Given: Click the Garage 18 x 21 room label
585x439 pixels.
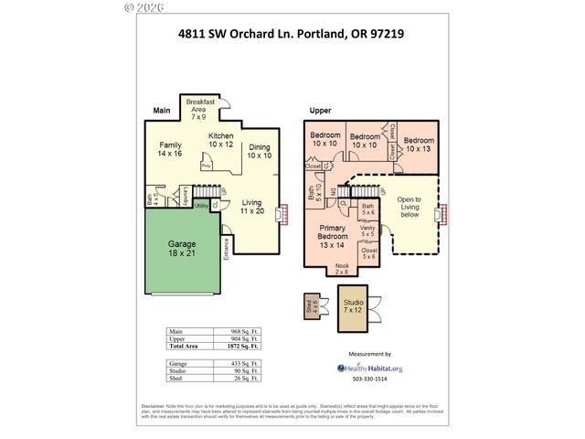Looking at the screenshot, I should (x=182, y=250).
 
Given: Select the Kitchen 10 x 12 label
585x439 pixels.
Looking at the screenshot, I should (x=220, y=140).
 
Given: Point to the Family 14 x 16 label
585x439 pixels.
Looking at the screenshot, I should (x=171, y=150).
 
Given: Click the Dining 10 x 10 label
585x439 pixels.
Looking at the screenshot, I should (x=260, y=151).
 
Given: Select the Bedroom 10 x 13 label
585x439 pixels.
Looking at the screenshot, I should (x=419, y=144).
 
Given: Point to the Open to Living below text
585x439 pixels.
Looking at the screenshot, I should (x=409, y=208).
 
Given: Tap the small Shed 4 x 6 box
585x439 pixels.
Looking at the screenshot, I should (x=313, y=306).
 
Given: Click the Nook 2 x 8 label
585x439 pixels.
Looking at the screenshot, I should (x=341, y=269).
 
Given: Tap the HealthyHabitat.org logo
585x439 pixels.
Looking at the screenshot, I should (x=369, y=368).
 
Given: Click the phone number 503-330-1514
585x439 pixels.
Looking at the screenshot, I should (x=369, y=379).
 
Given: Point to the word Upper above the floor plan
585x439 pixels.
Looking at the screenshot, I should (x=319, y=111).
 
